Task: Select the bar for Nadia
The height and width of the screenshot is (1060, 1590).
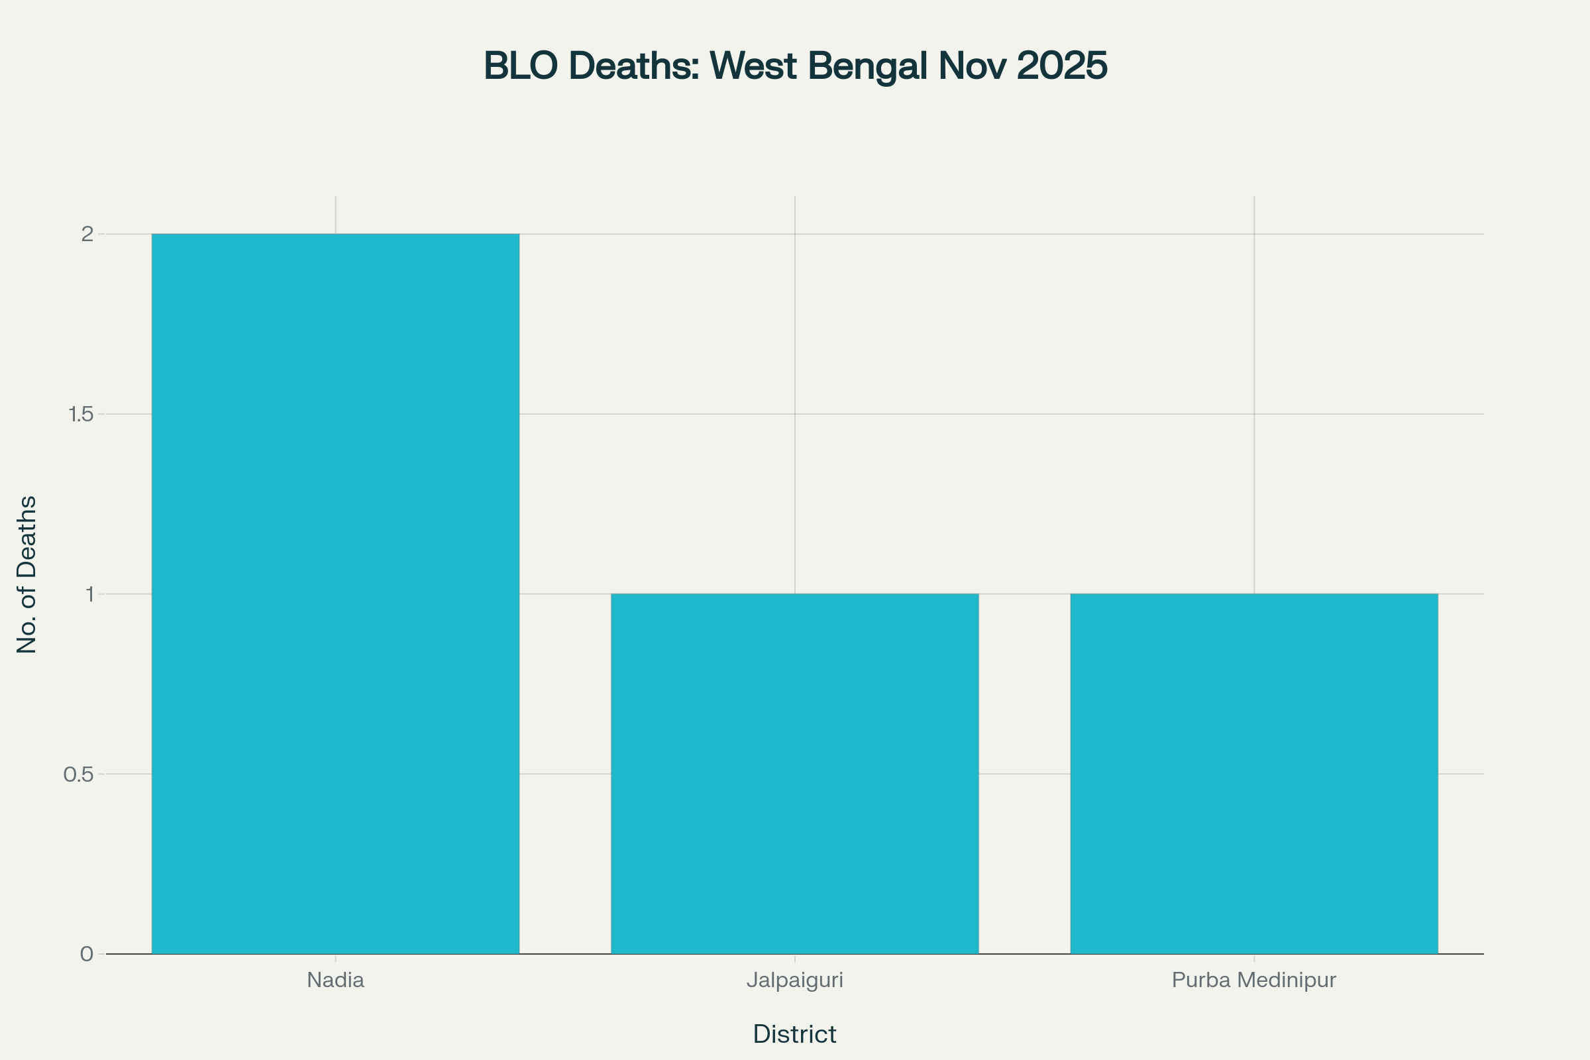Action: (335, 594)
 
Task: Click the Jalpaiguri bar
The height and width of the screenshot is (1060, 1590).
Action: (794, 773)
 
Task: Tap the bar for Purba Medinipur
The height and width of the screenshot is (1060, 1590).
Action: (1254, 773)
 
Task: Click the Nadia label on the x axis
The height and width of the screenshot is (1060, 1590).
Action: (335, 980)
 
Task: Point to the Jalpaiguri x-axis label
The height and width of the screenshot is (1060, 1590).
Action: (794, 980)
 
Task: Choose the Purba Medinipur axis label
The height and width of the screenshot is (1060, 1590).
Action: (1254, 980)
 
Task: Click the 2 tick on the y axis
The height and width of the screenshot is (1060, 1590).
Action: (87, 234)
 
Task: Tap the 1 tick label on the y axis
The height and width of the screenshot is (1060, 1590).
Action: (89, 594)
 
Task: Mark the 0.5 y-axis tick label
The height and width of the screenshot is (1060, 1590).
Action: (78, 774)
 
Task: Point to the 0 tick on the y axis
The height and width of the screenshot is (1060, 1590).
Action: (87, 954)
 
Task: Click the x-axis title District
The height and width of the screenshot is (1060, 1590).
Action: (794, 1034)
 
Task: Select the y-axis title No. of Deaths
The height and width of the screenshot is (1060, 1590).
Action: (27, 574)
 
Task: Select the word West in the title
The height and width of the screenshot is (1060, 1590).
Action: (753, 66)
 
